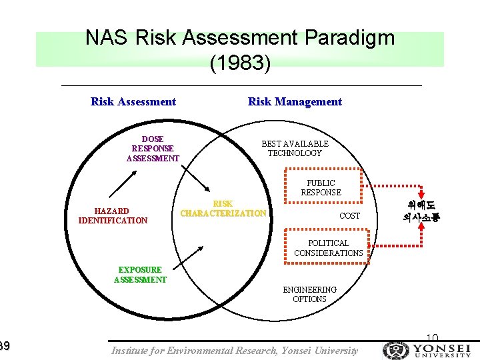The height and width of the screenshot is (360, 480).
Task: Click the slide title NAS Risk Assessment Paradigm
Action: pos(239,38)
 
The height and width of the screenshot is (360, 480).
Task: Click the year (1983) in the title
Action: pos(240,63)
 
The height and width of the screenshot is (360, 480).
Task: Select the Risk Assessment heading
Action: pos(133,101)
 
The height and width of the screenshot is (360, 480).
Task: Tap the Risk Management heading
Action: pos(295,101)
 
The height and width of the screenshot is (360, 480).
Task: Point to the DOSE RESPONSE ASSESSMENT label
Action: pos(153,149)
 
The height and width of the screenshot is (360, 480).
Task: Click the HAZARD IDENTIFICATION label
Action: pos(113,215)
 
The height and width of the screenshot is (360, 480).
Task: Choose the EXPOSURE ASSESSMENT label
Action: pos(140,275)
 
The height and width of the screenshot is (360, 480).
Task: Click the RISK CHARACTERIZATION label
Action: pos(223,209)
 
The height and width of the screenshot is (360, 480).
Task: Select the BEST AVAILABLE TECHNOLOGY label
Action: pos(295,148)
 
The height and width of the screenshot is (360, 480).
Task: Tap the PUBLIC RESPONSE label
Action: pos(321,187)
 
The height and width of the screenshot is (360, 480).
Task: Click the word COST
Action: pos(349,216)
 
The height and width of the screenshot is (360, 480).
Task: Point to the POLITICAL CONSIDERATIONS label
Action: pos(328,248)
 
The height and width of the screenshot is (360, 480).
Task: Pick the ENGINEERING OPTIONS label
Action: pos(309,294)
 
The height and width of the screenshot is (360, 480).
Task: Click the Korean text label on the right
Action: pos(421,211)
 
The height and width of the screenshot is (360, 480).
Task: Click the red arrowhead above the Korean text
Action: pos(421,194)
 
